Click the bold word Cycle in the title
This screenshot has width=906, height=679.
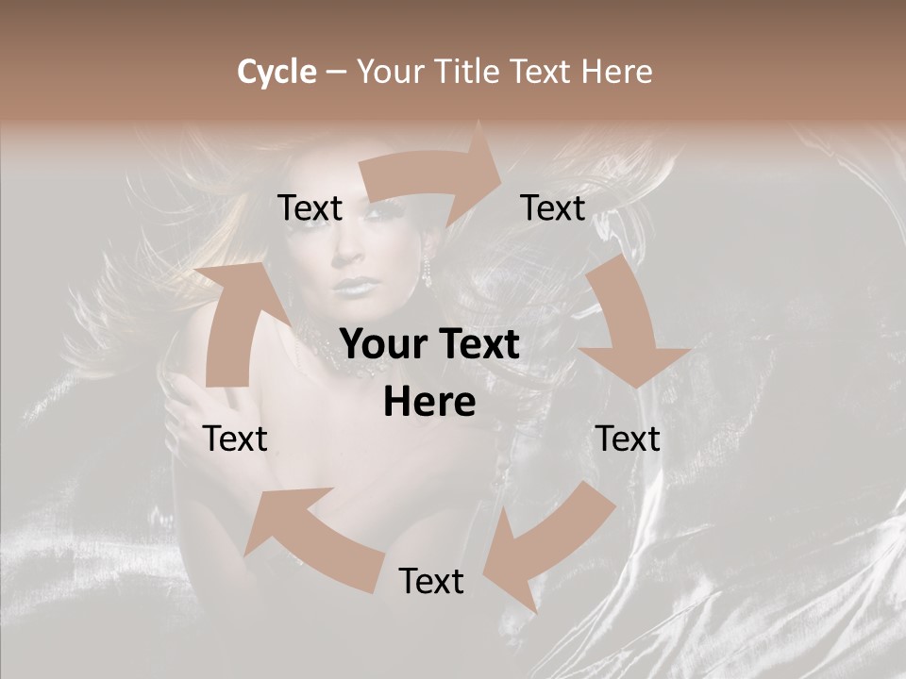click(277, 72)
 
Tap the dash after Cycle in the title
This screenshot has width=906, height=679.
click(337, 72)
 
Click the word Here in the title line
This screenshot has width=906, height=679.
click(614, 72)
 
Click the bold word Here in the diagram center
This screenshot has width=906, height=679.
click(429, 402)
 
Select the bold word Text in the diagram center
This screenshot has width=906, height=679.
click(478, 344)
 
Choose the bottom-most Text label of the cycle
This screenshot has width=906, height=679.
click(431, 581)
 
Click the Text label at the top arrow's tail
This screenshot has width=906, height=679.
click(310, 208)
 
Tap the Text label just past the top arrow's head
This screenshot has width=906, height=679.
click(553, 208)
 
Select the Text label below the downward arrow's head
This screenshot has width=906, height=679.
click(628, 439)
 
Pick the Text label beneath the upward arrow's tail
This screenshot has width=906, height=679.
click(236, 439)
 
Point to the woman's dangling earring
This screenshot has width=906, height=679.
click(427, 273)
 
